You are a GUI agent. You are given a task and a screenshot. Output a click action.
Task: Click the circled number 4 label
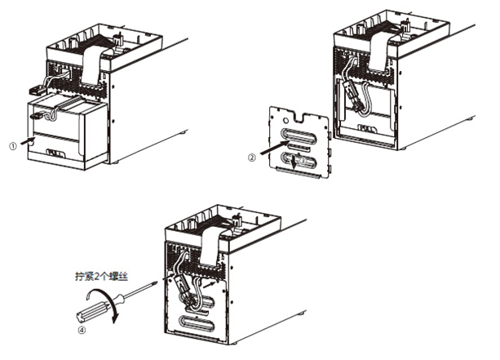click(82, 332)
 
